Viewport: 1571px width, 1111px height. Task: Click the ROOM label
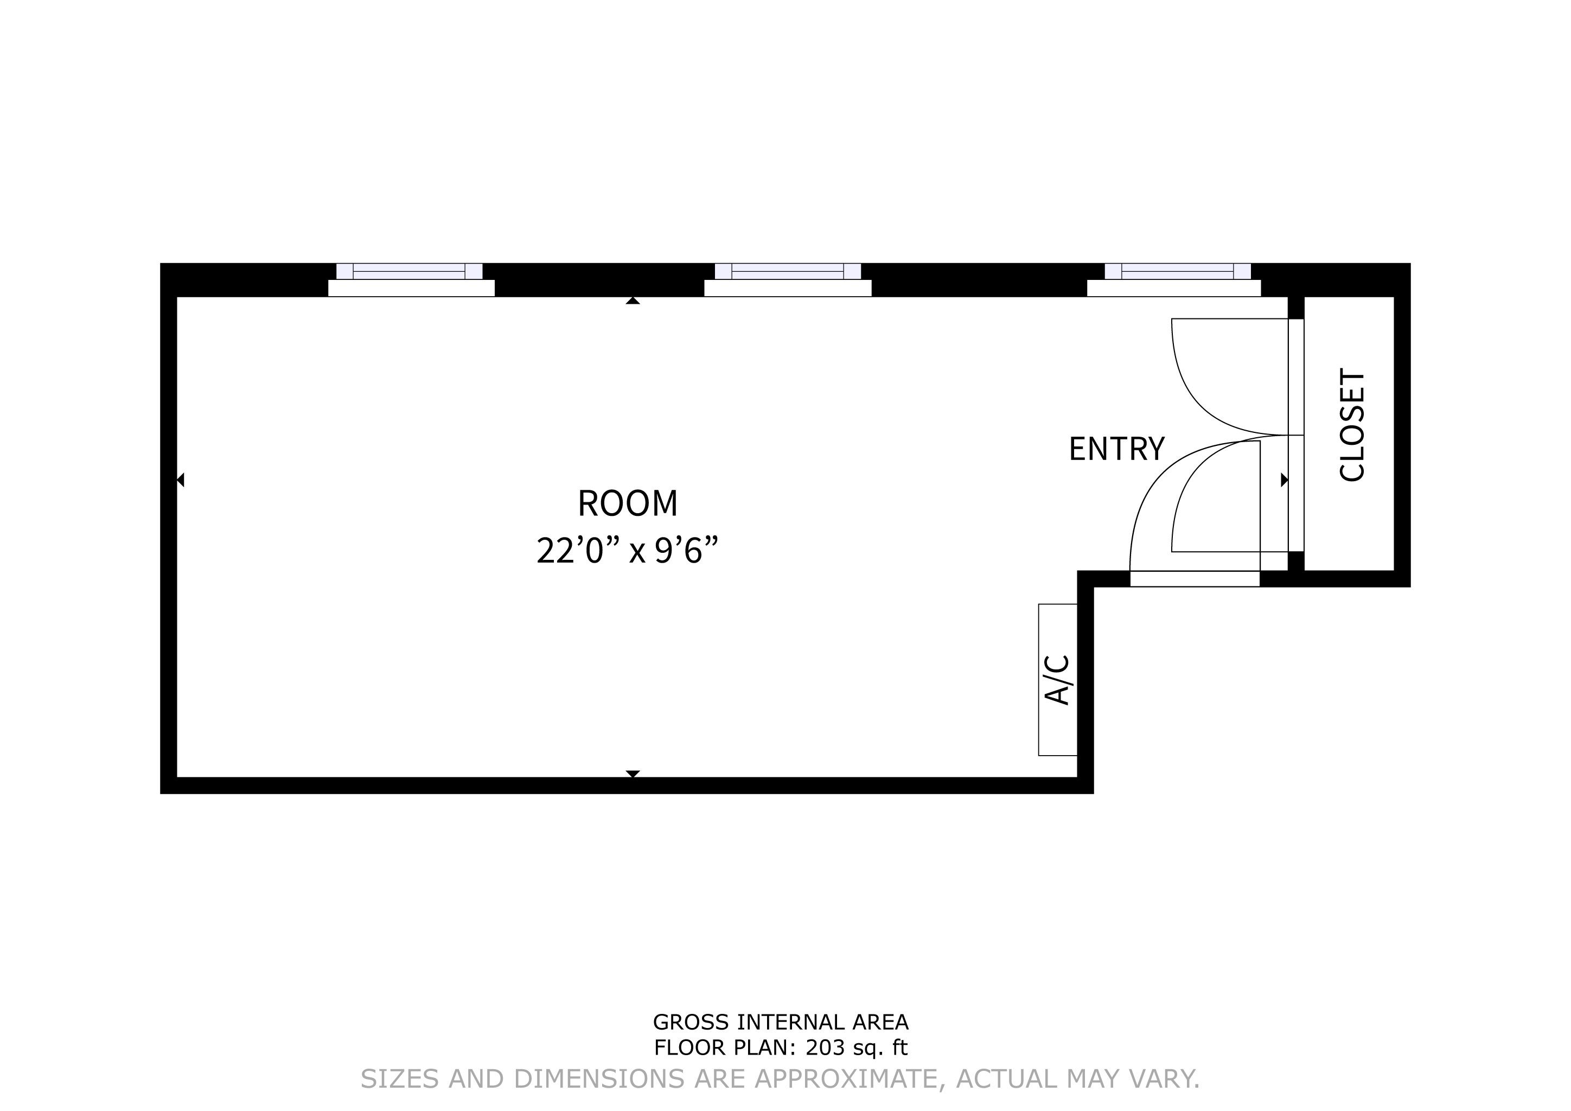pyautogui.click(x=628, y=503)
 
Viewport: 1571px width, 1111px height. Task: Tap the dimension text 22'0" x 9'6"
pyautogui.click(x=628, y=551)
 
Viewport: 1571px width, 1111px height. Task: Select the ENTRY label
pyautogui.click(x=1116, y=450)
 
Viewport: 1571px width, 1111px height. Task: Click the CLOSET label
pyautogui.click(x=1352, y=425)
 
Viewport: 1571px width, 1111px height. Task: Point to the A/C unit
pyautogui.click(x=1058, y=680)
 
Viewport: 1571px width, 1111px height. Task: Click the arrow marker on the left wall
pyautogui.click(x=181, y=480)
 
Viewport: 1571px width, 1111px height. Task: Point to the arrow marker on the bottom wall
pyautogui.click(x=633, y=774)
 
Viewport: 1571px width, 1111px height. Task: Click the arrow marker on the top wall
pyautogui.click(x=633, y=301)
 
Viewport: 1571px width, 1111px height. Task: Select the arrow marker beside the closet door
pyautogui.click(x=1285, y=480)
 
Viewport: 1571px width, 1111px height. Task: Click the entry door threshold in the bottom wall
pyautogui.click(x=1195, y=579)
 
